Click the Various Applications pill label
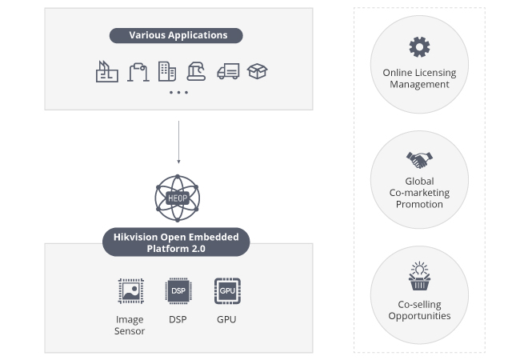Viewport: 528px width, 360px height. tap(178, 35)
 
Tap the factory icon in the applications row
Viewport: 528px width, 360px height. tap(107, 72)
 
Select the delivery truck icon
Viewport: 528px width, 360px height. tap(228, 71)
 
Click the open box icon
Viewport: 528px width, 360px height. tap(258, 71)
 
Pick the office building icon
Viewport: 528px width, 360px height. tap(167, 71)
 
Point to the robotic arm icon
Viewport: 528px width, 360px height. tap(198, 71)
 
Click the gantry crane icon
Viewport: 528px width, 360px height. tap(138, 72)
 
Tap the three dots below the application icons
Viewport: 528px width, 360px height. tap(178, 93)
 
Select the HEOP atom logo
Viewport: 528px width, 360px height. tap(176, 198)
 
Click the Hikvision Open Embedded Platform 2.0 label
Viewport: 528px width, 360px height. tap(176, 242)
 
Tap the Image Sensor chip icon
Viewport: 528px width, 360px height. tap(130, 290)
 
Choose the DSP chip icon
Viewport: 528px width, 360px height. tap(178, 290)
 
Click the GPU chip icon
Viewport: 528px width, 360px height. tap(226, 290)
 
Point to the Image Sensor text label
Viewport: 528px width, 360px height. tap(130, 325)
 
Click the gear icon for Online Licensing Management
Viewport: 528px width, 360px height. tap(419, 46)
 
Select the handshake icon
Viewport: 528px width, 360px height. tap(419, 158)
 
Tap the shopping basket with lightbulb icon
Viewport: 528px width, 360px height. tap(419, 276)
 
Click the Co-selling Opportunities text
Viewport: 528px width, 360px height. tap(419, 310)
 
